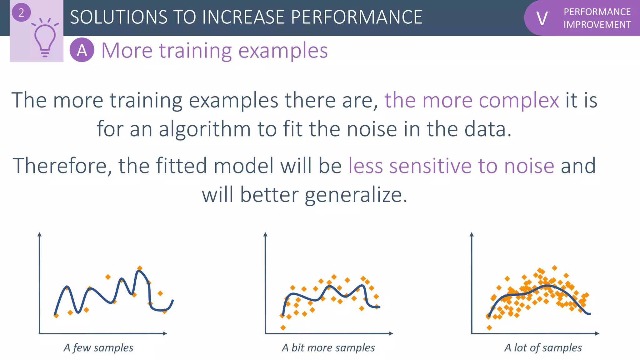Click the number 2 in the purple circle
(21, 13)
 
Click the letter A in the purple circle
(82, 50)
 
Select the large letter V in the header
(542, 18)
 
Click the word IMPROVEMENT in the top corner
(597, 25)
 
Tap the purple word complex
(519, 100)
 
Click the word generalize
(356, 195)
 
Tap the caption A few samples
(98, 347)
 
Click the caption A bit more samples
(328, 347)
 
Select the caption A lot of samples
(543, 347)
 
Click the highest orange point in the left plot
(140, 268)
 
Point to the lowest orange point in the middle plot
(283, 327)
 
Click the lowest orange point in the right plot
(489, 327)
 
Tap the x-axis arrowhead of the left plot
(165, 333)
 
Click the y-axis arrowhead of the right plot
(472, 234)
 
